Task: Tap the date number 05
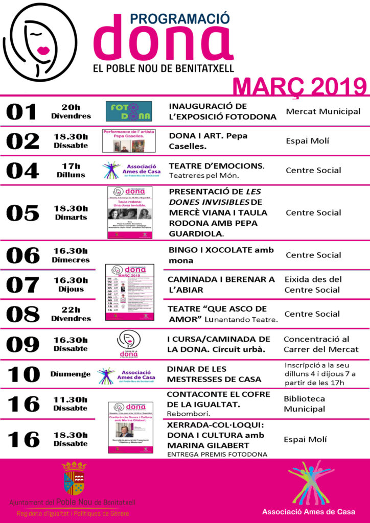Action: (x=22, y=213)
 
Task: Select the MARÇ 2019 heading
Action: (x=299, y=86)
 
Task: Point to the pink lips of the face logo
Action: (x=42, y=51)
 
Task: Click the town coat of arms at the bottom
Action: (x=74, y=479)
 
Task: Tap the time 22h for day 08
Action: (x=71, y=310)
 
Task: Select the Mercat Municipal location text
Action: (x=323, y=111)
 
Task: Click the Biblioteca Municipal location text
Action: (x=304, y=403)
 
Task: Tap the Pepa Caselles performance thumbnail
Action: (x=129, y=141)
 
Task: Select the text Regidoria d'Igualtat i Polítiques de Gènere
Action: (x=73, y=513)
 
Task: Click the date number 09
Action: (x=22, y=344)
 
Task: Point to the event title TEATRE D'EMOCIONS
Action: (x=217, y=166)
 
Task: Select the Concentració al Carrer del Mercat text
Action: (x=321, y=344)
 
